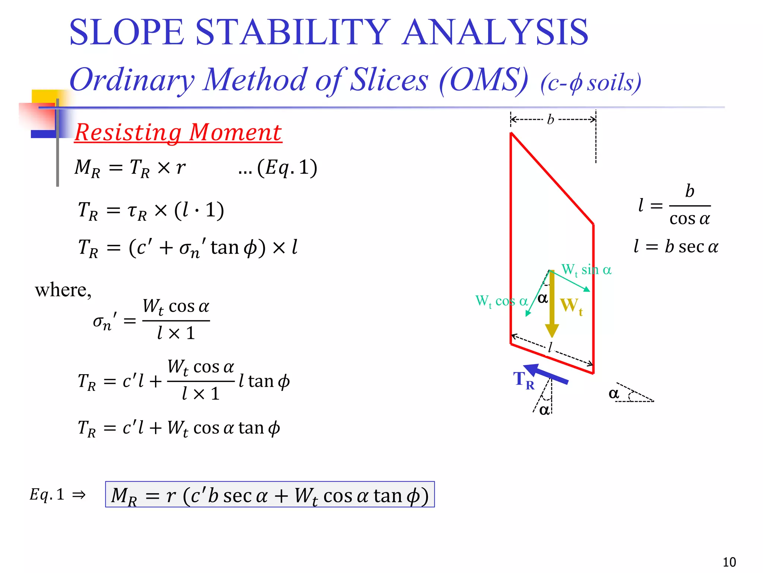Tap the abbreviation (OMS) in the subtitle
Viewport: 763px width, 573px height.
[x=484, y=80]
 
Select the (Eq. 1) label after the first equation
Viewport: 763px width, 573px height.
[x=278, y=167]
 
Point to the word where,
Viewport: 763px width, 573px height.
[x=63, y=290]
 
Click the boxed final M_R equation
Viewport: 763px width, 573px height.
[x=270, y=495]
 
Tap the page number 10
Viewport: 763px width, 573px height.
[x=729, y=562]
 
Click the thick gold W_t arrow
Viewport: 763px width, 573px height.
[x=552, y=304]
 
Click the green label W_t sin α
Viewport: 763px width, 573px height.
[x=586, y=270]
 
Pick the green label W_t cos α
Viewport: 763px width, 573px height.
[x=501, y=301]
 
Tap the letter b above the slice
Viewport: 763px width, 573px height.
[x=551, y=120]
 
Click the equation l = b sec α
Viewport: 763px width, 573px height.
[x=676, y=247]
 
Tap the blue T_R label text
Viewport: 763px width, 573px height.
[x=523, y=381]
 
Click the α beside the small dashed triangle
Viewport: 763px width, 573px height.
[x=614, y=393]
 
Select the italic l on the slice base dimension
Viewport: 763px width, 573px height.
[x=550, y=348]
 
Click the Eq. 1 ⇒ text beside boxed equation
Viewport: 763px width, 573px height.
[x=58, y=495]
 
